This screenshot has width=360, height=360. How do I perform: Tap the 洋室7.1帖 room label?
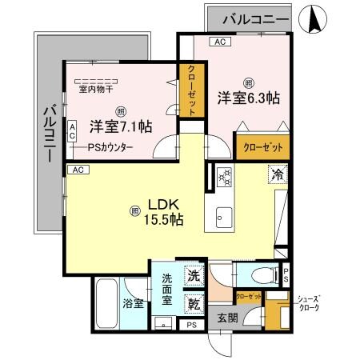tap(120, 126)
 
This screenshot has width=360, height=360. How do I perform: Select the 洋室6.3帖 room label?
tap(248, 98)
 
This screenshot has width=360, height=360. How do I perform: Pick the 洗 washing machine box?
tap(194, 275)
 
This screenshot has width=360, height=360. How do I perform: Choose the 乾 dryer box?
tap(194, 303)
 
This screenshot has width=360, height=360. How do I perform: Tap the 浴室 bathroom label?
tap(133, 304)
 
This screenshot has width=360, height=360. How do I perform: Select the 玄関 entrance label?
tap(227, 318)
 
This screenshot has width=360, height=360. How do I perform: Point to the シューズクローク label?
tap(309, 302)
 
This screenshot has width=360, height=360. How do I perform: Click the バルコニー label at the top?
tap(256, 18)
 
